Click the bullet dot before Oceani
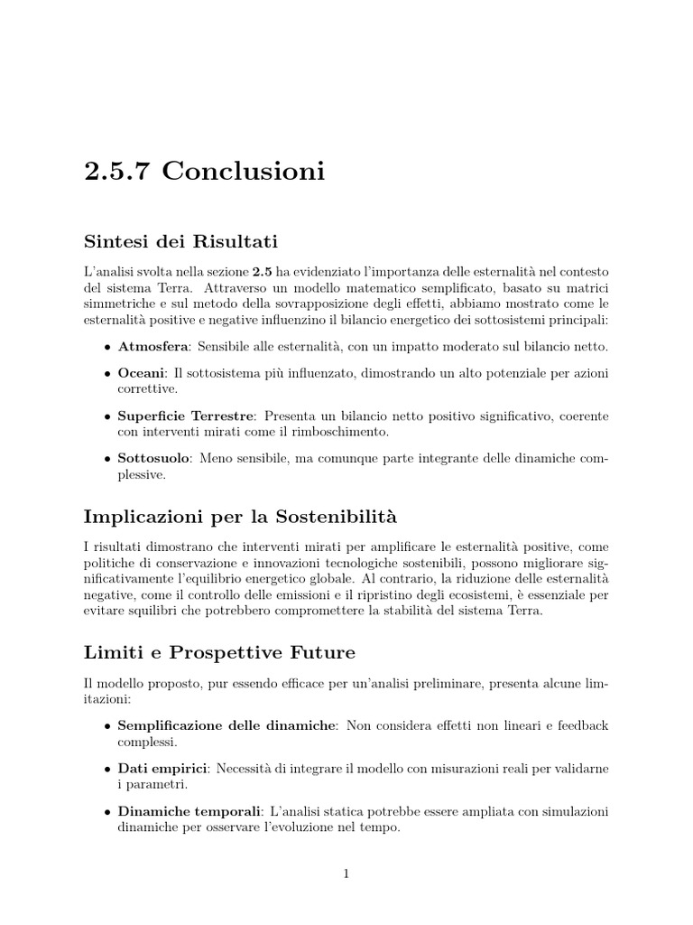click(x=108, y=373)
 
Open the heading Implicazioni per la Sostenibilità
click(x=240, y=517)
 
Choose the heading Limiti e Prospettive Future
click(x=219, y=652)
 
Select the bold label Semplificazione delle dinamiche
click(x=226, y=725)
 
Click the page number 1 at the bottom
click(x=346, y=874)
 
